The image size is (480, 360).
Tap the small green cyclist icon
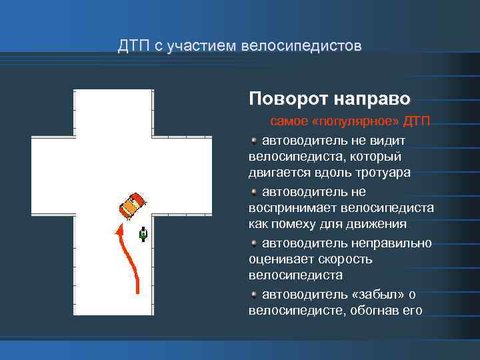[143, 234]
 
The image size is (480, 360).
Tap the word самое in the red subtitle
[287, 123]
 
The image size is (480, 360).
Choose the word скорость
[340, 259]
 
